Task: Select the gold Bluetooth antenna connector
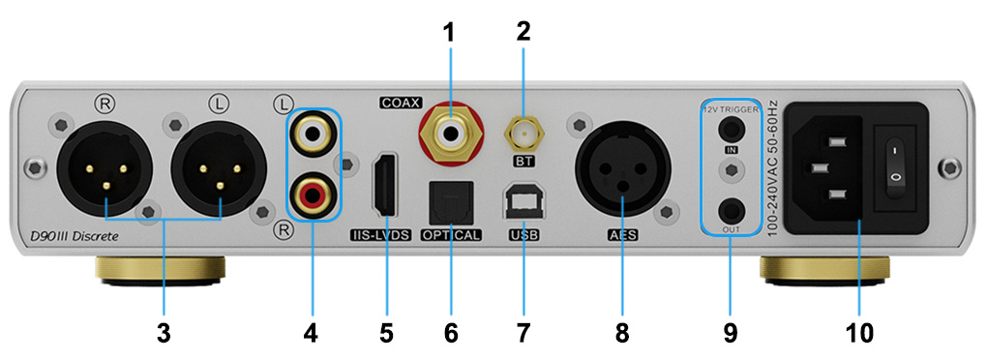coord(523,129)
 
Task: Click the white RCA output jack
coord(313,129)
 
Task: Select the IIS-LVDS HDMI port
coord(386,186)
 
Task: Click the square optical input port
coord(449,202)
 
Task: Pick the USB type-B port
coord(523,200)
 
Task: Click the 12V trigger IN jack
coord(732,128)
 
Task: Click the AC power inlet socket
coord(828,170)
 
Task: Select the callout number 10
coord(857,332)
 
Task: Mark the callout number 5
coord(386,332)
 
